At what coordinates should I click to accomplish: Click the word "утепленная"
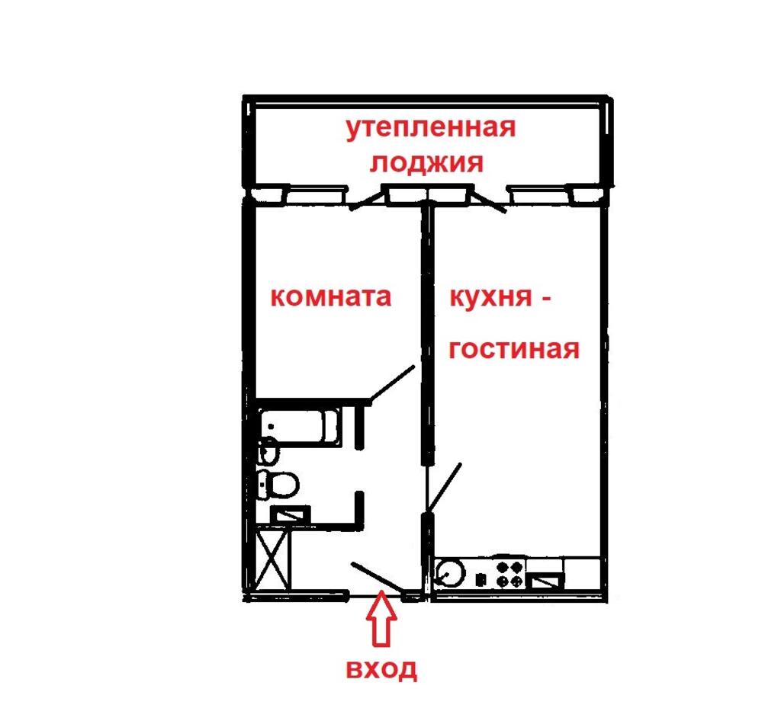coord(431,128)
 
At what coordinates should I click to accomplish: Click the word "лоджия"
coord(426,163)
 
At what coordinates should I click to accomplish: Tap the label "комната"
coord(331,297)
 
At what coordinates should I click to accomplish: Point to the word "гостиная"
coord(514,349)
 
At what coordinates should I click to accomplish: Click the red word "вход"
coord(381,669)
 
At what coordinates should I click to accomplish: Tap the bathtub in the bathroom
coord(301,427)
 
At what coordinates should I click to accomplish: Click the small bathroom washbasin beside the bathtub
coord(269,451)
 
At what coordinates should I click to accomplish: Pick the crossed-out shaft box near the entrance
coord(272,560)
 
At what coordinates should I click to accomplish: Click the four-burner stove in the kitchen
coord(510,574)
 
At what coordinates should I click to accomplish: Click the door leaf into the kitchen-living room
coord(444,488)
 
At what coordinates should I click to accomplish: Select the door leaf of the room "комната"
coord(392,383)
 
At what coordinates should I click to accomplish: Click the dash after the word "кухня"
coord(545,300)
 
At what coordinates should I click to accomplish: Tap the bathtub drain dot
coord(271,427)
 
